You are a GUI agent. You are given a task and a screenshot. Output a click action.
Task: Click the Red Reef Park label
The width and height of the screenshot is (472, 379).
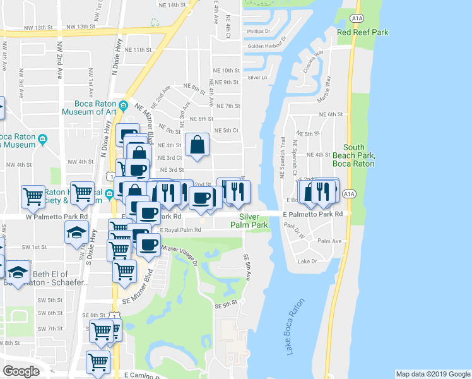tap(362, 32)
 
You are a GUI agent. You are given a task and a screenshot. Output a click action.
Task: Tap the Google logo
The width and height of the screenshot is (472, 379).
tap(21, 371)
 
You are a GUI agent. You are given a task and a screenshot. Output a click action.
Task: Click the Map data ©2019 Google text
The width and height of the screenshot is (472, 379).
tap(432, 374)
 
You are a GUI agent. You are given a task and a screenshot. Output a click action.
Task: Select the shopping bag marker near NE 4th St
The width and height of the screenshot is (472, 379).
tap(198, 144)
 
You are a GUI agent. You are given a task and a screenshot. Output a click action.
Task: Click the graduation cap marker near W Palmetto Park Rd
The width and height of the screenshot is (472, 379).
tap(76, 231)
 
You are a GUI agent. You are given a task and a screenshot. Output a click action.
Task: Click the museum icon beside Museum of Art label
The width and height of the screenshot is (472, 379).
tap(124, 105)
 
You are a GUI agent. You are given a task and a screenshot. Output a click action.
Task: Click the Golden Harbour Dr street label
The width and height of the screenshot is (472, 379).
tap(267, 46)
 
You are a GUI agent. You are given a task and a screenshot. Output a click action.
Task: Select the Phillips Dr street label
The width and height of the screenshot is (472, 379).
tap(258, 31)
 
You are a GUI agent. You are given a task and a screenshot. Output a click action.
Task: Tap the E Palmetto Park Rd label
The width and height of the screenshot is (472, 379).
tap(313, 214)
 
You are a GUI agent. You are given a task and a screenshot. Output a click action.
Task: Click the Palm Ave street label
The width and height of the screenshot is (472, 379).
tap(329, 241)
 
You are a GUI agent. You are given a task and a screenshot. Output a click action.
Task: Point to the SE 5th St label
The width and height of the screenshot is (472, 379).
tap(225, 304)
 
